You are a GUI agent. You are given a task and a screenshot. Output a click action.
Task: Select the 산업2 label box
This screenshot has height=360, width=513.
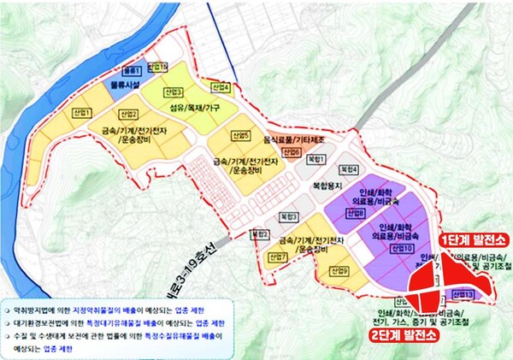pyautogui.click(x=128, y=114)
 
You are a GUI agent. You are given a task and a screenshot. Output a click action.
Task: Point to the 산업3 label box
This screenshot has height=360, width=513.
pyautogui.click(x=174, y=91)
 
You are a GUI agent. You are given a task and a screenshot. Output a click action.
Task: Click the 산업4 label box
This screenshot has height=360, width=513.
pyautogui.click(x=221, y=87)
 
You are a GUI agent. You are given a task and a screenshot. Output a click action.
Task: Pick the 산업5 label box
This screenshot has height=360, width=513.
pyautogui.click(x=240, y=136)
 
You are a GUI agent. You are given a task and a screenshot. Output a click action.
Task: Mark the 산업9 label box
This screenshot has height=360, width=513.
pyautogui.click(x=339, y=270)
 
